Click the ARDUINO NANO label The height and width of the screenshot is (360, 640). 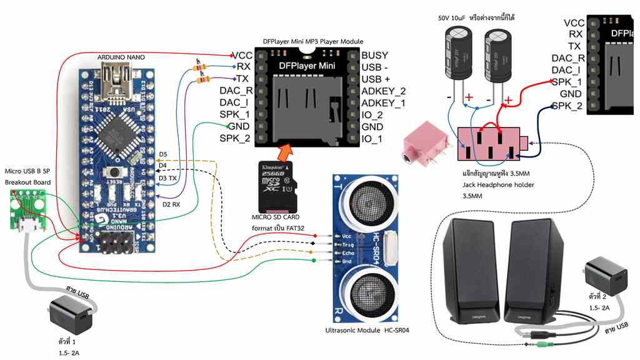121,57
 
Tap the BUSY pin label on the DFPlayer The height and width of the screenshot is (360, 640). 374,56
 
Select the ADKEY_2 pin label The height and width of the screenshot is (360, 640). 383,91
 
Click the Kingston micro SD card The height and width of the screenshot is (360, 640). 276,186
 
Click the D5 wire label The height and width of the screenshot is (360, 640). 163,154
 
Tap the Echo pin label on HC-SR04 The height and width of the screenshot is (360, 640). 348,253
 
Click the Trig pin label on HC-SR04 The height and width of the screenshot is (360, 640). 348,244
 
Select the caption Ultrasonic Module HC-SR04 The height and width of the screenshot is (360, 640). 371,330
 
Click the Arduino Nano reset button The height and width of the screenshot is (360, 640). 114,171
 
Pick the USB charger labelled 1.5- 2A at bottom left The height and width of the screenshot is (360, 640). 70,314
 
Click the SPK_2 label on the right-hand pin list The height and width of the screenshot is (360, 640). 567,106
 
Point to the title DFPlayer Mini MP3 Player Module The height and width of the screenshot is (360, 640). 313,41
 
